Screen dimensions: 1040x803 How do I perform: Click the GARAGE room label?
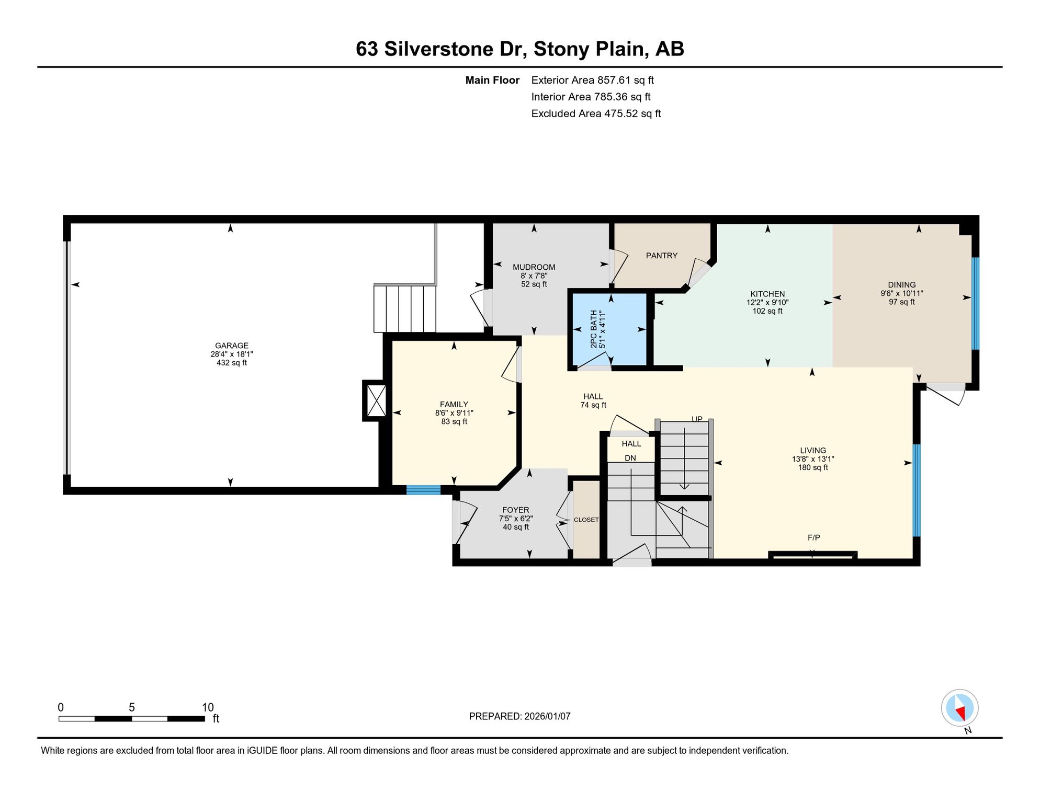click(232, 346)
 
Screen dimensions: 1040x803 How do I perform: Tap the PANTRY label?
click(662, 256)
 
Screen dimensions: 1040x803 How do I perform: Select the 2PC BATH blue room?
click(609, 329)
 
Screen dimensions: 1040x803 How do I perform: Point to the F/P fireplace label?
click(813, 537)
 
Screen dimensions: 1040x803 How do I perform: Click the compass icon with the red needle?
click(960, 708)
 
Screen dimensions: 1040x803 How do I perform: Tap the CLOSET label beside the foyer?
click(586, 520)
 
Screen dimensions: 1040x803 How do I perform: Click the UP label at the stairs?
click(697, 419)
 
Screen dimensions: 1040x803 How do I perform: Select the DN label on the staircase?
click(630, 458)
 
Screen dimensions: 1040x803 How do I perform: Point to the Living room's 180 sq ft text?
click(813, 467)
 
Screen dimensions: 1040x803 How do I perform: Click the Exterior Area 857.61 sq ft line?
click(593, 80)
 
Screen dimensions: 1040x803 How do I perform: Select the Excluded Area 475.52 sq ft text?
click(596, 113)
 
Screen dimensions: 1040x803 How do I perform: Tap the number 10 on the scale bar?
click(208, 707)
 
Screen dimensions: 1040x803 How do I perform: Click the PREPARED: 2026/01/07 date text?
click(519, 716)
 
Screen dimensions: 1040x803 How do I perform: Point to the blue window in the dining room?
click(975, 303)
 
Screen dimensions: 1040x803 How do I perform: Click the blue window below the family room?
click(424, 490)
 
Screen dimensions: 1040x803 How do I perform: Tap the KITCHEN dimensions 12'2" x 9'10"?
click(767, 302)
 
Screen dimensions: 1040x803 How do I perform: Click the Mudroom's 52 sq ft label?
click(534, 284)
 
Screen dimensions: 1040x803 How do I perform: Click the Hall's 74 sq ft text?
click(593, 405)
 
